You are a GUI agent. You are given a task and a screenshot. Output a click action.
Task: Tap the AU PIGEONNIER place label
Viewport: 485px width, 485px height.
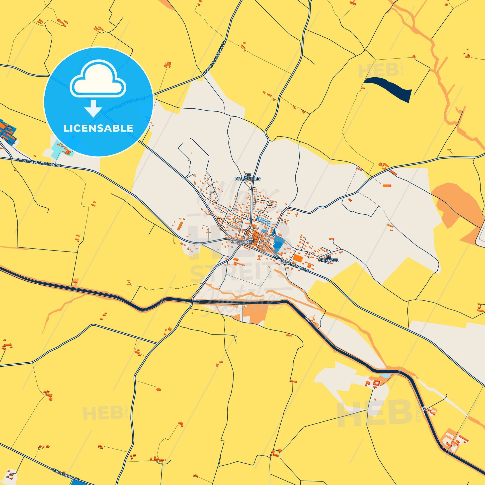247,177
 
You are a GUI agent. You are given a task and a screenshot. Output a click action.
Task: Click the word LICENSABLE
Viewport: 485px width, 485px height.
98,128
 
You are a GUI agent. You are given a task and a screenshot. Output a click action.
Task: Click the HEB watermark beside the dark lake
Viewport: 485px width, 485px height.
379,70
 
